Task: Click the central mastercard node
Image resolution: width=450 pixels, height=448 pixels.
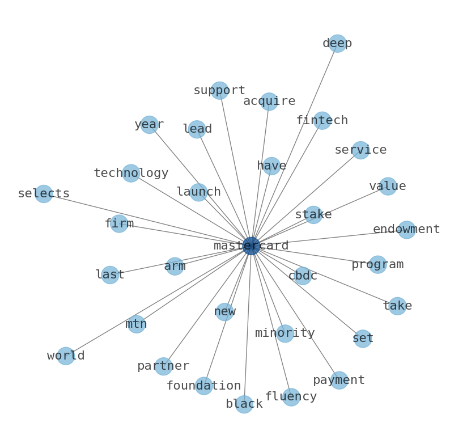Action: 251,246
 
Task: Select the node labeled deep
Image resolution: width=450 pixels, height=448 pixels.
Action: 337,44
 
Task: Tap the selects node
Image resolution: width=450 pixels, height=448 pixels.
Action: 44,194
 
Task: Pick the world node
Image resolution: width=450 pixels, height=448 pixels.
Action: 66,356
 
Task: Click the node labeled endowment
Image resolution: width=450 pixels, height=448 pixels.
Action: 406,230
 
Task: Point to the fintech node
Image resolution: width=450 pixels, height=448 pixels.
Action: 322,121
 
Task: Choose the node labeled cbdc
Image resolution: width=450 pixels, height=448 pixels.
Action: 303,276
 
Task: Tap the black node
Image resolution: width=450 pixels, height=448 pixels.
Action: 244,404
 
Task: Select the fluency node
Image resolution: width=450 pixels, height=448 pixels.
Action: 291,397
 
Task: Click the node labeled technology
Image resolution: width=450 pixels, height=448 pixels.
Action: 131,174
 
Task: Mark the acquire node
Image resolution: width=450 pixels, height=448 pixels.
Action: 269,102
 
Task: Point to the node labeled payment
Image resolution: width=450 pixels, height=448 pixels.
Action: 339,381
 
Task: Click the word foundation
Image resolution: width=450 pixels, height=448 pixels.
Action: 203,386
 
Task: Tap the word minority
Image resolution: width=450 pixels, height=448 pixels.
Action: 285,333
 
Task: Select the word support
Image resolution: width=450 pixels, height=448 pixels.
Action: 219,91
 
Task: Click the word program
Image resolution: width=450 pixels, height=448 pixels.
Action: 377,265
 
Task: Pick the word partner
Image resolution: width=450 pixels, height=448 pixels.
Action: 163,366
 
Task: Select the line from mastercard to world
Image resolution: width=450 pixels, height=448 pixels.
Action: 159,301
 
